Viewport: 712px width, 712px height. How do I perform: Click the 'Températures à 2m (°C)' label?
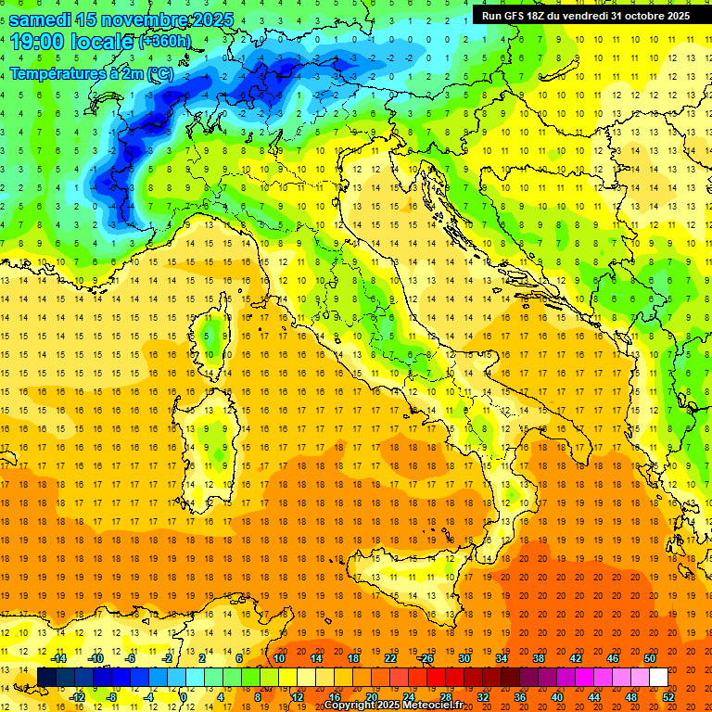point(91,72)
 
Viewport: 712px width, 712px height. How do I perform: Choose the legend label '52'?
point(668,696)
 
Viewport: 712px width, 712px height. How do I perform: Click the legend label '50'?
point(650,658)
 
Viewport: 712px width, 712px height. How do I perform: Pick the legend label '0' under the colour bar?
point(184,696)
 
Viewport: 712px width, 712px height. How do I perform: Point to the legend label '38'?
point(538,658)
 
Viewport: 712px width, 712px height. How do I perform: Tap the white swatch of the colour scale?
point(658,678)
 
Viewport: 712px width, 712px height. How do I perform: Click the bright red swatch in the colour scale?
point(436,678)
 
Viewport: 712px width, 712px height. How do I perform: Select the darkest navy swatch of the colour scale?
point(46,678)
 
